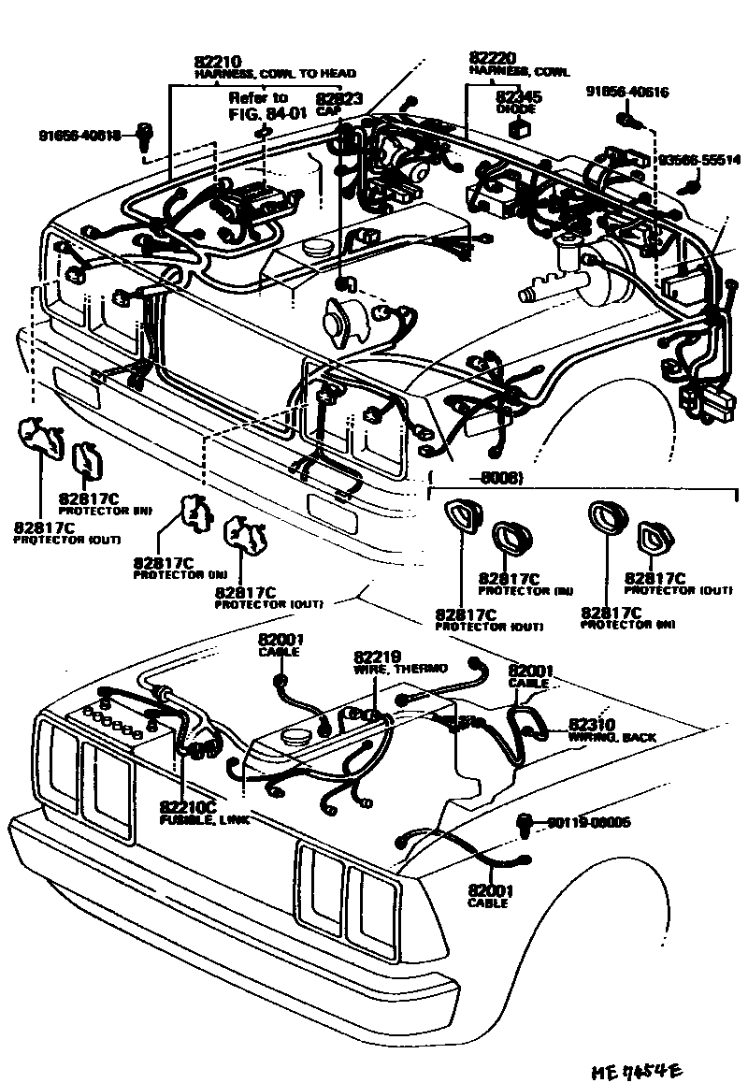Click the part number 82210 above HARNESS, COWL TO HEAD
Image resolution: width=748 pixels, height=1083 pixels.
coord(217,62)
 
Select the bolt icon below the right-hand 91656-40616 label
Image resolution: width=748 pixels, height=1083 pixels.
coord(626,119)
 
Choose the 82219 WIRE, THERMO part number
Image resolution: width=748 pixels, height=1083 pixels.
coord(376,657)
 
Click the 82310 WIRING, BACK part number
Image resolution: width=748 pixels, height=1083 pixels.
coord(592,724)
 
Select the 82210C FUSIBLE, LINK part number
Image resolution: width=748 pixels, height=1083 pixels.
coord(188,806)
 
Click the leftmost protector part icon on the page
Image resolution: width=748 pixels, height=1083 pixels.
coord(38,436)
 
